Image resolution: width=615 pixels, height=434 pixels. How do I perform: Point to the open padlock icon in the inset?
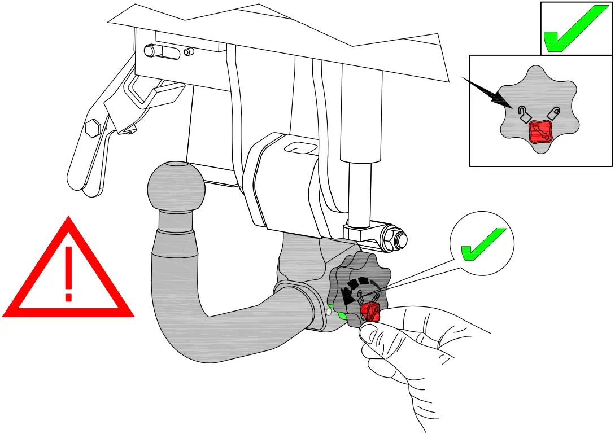coord(524,115)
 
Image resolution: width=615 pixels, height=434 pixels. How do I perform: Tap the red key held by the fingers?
coord(370,311)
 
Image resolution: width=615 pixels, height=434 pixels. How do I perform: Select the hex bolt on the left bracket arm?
coord(94,128)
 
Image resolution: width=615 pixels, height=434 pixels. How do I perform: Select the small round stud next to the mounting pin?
coord(189,52)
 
